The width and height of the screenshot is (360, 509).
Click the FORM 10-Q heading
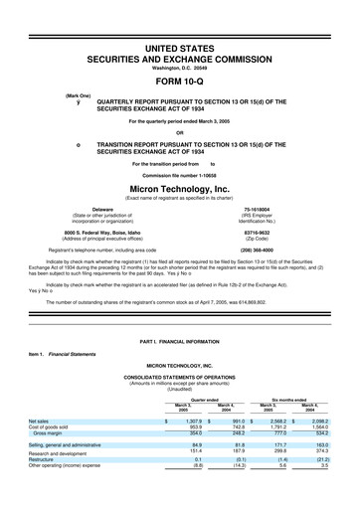179,82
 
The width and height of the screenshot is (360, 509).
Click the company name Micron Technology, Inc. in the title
179,186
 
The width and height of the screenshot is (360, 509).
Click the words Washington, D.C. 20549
179,66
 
